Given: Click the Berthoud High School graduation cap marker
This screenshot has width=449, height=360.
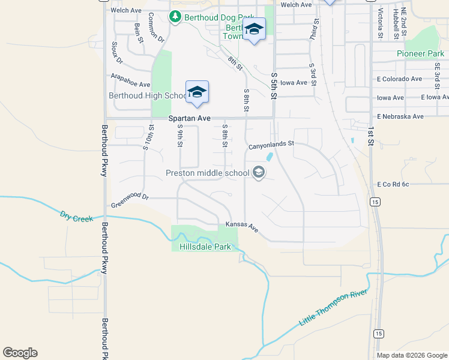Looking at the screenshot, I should (x=197, y=92).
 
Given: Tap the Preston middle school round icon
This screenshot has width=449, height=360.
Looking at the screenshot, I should (x=259, y=173).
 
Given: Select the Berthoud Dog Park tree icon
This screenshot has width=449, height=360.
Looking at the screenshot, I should (x=175, y=17).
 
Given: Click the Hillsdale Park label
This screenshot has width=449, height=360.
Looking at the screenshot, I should (x=205, y=247).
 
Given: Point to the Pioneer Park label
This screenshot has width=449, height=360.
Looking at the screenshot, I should (x=420, y=54).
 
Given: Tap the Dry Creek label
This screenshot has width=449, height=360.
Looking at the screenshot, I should (x=77, y=216).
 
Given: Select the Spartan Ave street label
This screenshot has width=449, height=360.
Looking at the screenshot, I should (x=190, y=119).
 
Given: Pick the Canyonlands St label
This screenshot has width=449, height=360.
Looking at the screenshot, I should (x=271, y=144).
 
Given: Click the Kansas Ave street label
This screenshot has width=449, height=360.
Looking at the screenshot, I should (x=242, y=227).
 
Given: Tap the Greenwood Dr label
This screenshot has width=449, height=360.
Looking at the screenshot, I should (x=129, y=203).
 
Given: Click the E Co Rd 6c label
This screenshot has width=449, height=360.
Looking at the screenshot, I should (x=393, y=184).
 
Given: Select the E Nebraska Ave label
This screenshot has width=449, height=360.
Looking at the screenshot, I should (x=400, y=116).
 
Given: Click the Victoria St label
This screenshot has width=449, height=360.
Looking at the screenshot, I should (x=381, y=24).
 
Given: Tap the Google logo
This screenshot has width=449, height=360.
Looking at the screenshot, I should (x=20, y=353).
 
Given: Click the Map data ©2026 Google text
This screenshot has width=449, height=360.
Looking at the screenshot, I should (x=412, y=355).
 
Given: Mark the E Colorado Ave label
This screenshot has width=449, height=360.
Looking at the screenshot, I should (x=400, y=79).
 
